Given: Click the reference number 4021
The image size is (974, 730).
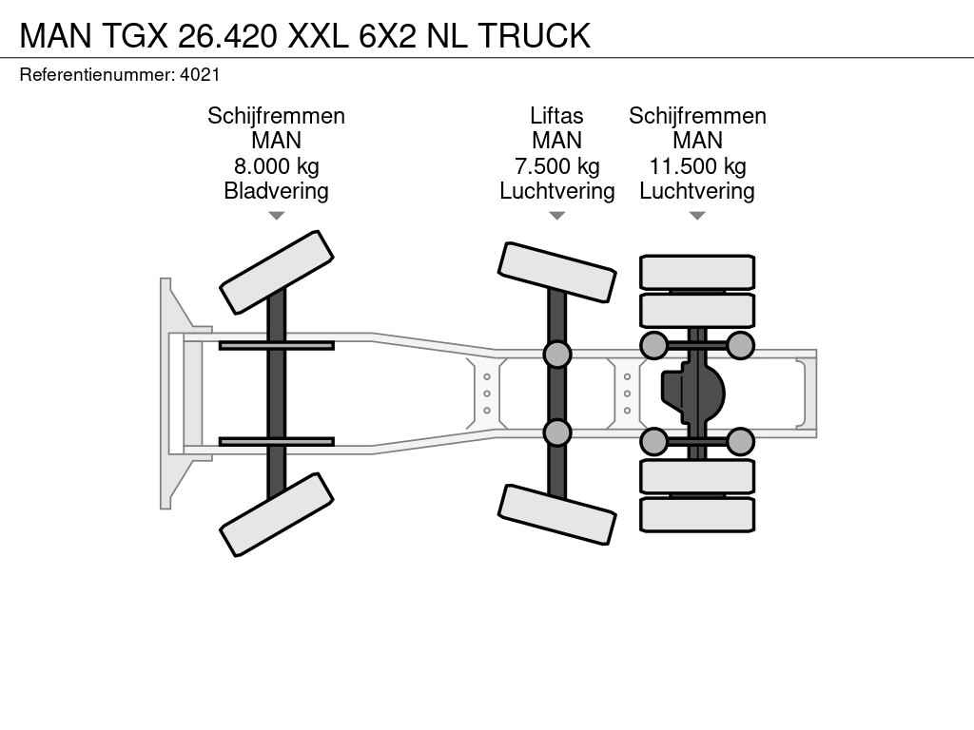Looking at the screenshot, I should (200, 74).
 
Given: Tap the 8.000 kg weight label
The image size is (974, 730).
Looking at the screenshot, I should (276, 166).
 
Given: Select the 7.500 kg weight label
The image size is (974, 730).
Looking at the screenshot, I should (556, 166).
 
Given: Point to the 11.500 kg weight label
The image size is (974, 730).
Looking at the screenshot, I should (697, 166).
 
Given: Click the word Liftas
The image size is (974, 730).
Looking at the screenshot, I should (556, 116).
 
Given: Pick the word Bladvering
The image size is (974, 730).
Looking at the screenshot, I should (276, 191).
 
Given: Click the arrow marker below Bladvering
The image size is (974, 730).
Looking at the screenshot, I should (276, 216).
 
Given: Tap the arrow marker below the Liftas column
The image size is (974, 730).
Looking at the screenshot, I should (556, 216).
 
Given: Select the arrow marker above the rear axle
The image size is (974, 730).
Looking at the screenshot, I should (697, 216).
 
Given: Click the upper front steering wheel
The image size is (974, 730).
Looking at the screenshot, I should (277, 272).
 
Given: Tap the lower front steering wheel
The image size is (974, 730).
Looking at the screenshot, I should (277, 515).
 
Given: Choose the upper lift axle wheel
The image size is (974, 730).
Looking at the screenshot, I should (556, 272).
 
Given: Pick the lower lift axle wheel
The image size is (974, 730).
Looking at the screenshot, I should (556, 515).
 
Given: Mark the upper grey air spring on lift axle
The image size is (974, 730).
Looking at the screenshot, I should (556, 355).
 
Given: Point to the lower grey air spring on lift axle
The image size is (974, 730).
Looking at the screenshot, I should (556, 433).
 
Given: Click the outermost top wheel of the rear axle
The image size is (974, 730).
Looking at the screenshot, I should (697, 272).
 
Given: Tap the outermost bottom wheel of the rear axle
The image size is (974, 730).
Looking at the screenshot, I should (697, 514).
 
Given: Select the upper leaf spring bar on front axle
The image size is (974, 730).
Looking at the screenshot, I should (276, 345).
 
